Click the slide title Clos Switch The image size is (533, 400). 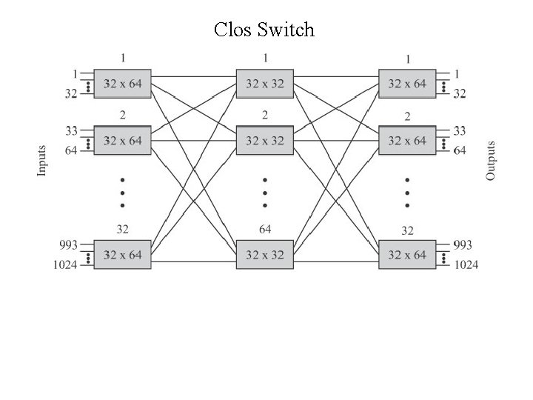coord(264,30)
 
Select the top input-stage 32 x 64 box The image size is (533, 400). coord(122,84)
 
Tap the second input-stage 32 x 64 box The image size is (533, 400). coord(122,140)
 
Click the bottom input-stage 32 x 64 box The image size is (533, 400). coord(122,255)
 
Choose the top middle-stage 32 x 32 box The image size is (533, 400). coord(264,84)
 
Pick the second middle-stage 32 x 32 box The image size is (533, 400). coord(264,140)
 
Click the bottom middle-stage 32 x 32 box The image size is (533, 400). coord(264,255)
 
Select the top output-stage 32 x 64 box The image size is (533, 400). coord(407,84)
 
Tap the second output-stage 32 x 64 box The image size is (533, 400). coord(407,140)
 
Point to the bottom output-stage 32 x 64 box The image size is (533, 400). coord(407,255)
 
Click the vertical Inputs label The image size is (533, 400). coord(42,160)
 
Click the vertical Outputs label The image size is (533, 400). coord(491,160)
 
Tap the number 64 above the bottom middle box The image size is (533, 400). coord(265,229)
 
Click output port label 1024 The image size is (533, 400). coord(466,264)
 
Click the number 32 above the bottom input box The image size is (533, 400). coord(123,229)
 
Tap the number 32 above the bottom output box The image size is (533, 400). coord(408,230)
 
